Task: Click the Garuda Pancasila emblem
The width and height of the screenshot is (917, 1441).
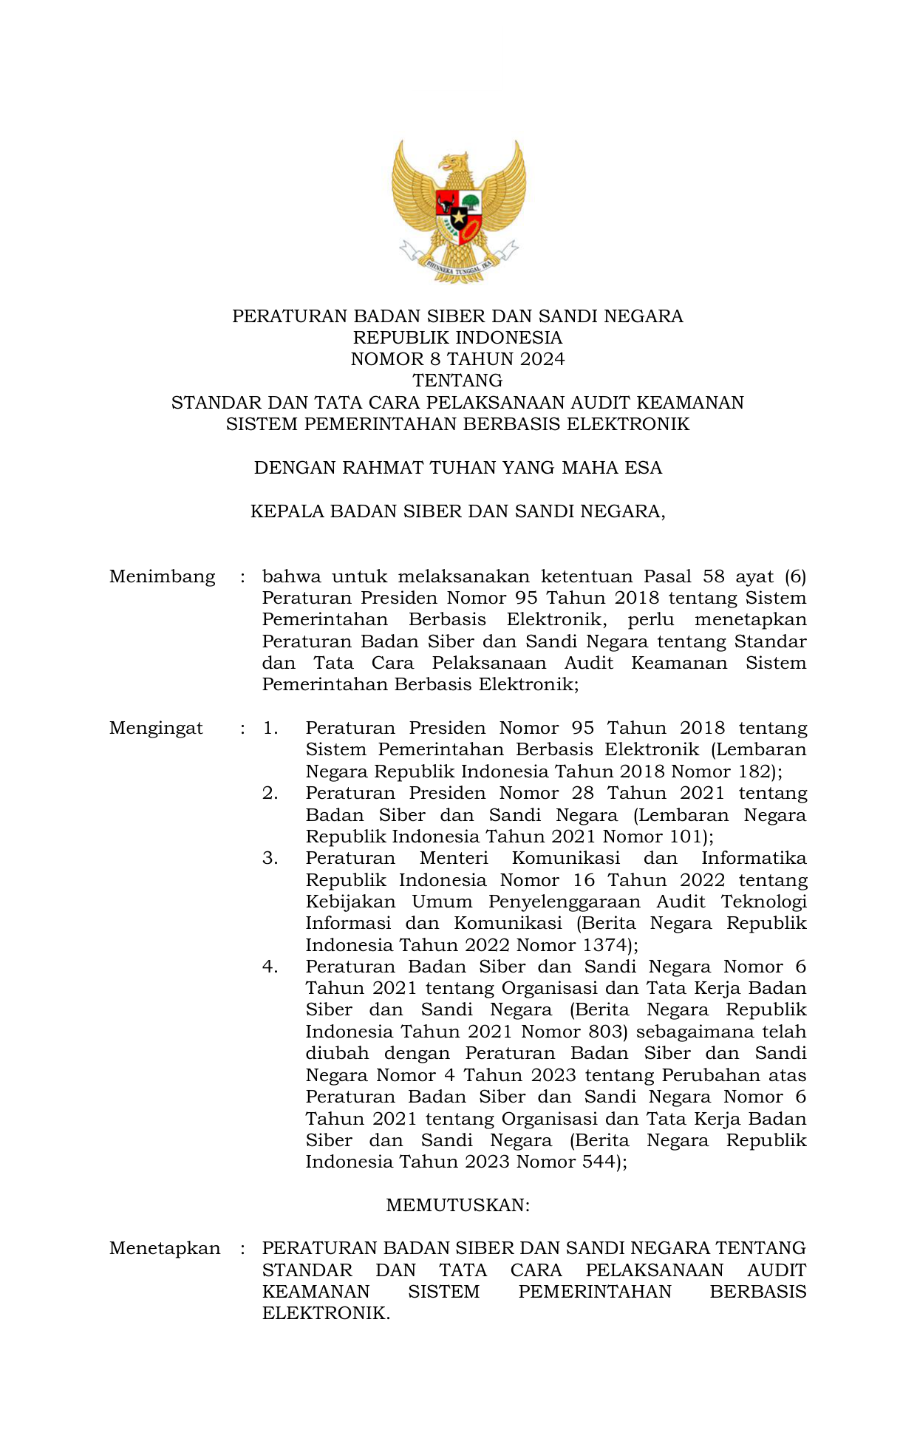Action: click(x=458, y=211)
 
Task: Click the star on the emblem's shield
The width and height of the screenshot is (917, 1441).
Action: click(x=458, y=217)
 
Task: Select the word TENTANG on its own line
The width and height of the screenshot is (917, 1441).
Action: click(x=457, y=381)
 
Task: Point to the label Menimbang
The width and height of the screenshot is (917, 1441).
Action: click(x=162, y=576)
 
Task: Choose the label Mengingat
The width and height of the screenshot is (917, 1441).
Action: click(x=156, y=728)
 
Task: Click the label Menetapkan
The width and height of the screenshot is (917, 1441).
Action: click(x=164, y=1248)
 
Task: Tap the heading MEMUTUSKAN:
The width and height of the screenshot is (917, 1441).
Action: click(x=457, y=1205)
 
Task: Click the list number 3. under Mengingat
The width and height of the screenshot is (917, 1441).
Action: click(x=270, y=858)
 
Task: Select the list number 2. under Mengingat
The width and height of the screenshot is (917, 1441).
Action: click(x=270, y=793)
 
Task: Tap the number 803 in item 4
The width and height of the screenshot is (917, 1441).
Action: click(x=607, y=1032)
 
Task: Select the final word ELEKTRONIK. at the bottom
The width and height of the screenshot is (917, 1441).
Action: click(x=325, y=1313)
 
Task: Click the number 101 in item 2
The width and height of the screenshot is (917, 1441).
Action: click(x=685, y=837)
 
